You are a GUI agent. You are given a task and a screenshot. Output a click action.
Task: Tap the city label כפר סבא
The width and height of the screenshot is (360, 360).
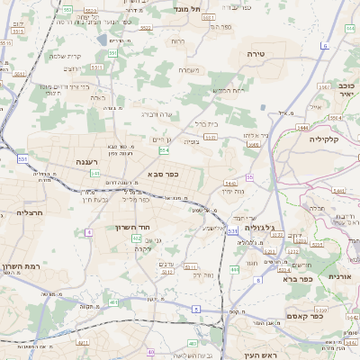point(160,174)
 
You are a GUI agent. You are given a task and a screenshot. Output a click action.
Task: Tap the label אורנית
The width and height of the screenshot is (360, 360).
point(343,276)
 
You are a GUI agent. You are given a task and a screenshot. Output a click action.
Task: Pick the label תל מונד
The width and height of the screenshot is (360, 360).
point(190,7)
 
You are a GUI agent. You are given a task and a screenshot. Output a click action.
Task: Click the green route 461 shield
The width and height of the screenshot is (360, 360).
point(113,302)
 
